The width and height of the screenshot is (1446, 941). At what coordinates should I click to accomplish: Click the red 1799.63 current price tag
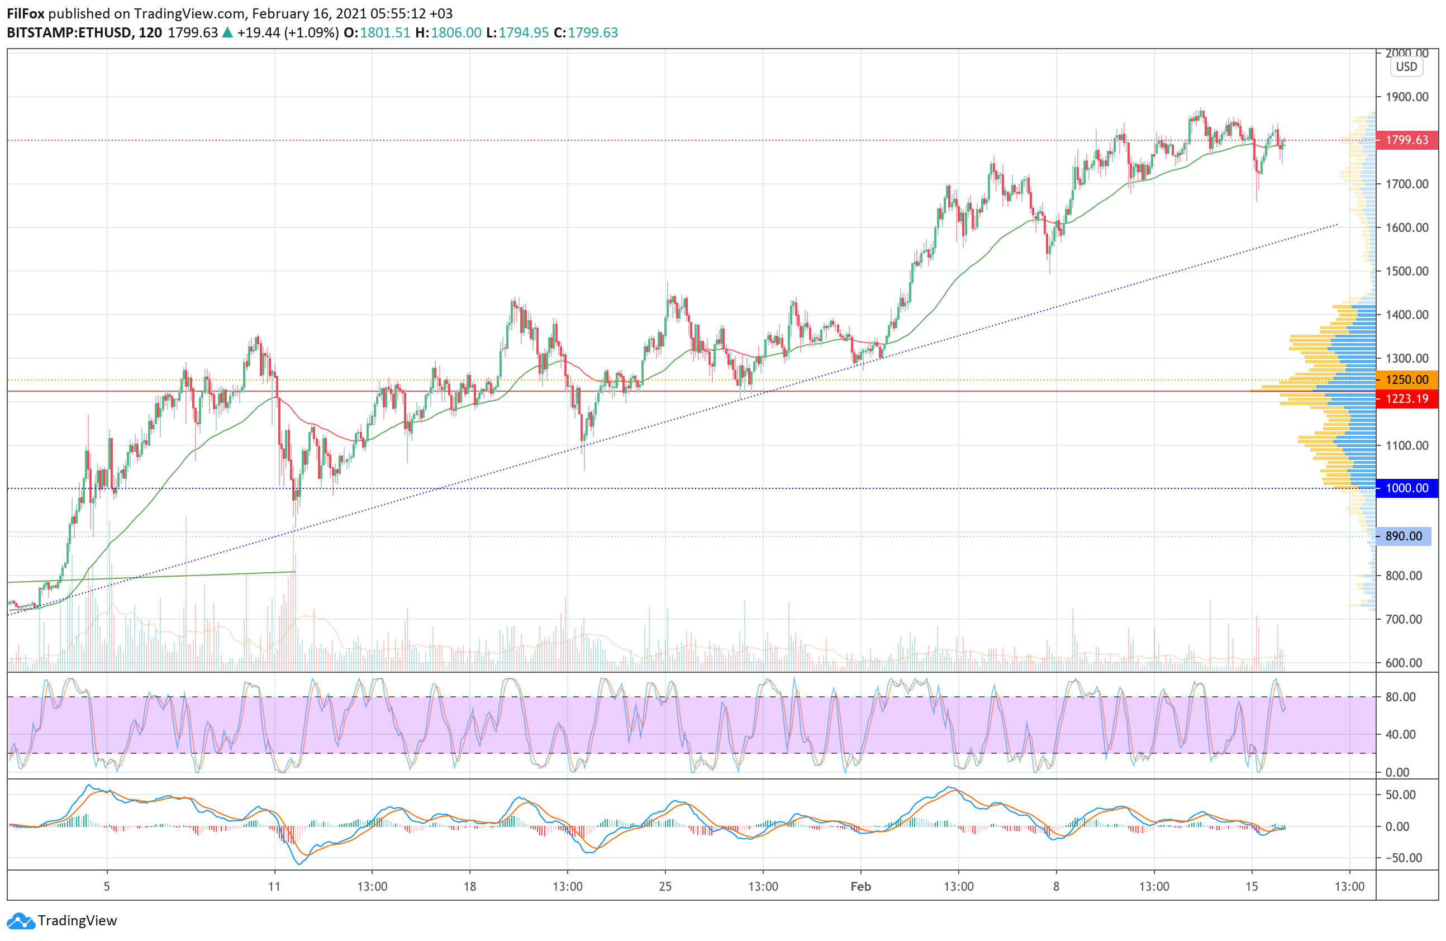[x=1406, y=140]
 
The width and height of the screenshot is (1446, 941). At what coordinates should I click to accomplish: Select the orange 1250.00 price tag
[x=1406, y=379]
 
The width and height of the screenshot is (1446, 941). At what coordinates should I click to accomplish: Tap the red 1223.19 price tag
[x=1406, y=398]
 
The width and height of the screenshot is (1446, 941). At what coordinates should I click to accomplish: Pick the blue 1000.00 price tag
[x=1406, y=488]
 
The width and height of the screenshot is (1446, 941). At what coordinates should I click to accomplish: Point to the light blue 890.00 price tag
[x=1404, y=536]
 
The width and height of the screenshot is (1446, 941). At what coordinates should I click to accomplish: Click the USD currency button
[x=1406, y=67]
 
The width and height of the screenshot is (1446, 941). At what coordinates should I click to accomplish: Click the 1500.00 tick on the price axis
[x=1406, y=271]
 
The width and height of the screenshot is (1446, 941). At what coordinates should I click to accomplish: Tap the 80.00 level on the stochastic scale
[x=1400, y=697]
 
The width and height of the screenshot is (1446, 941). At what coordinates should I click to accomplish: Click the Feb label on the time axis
[x=860, y=886]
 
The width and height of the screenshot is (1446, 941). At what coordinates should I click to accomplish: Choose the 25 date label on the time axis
[x=665, y=886]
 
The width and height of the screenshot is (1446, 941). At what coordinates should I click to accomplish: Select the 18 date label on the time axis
[x=470, y=886]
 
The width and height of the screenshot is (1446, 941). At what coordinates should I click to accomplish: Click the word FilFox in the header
[x=26, y=13]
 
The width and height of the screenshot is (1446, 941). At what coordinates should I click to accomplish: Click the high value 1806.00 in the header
[x=456, y=33]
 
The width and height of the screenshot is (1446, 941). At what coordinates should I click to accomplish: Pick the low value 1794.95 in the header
[x=523, y=33]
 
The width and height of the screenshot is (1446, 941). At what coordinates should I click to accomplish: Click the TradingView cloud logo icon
[x=21, y=920]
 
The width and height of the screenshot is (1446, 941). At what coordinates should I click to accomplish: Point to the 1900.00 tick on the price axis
[x=1406, y=97]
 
